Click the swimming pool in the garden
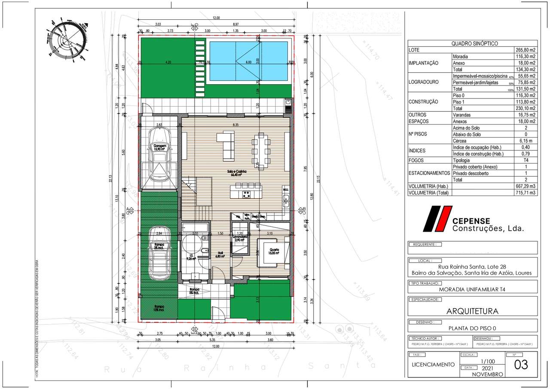pyautogui.click(x=248, y=61)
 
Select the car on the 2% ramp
pyautogui.click(x=159, y=254)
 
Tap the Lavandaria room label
pyautogui.click(x=239, y=238)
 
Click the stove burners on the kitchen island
pyautogui.click(x=247, y=194)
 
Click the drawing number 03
pyautogui.click(x=521, y=364)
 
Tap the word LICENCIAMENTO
pyautogui.click(x=433, y=364)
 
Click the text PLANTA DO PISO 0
pyautogui.click(x=472, y=328)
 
